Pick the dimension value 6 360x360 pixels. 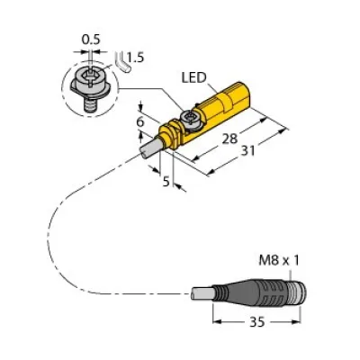(x=140, y=121)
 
